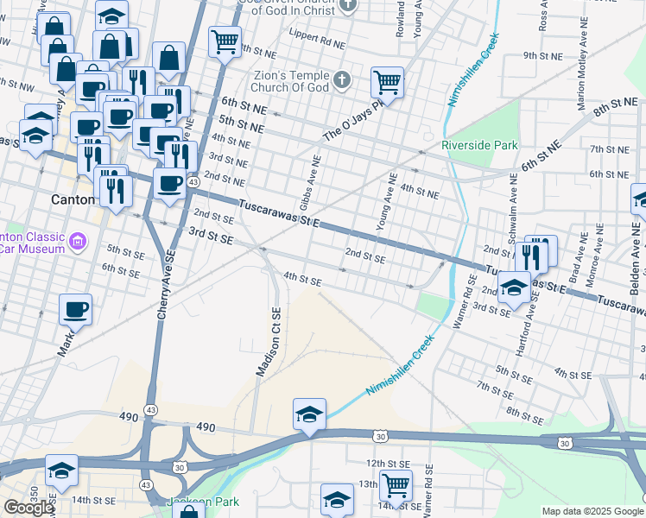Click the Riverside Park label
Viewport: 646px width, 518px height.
click(x=479, y=145)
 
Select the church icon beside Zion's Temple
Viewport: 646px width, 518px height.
click(x=342, y=82)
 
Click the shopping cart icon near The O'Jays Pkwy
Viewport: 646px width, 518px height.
click(x=388, y=83)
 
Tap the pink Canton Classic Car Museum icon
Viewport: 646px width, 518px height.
click(x=79, y=239)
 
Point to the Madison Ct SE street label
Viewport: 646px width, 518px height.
click(x=269, y=342)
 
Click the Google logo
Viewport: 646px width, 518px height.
click(x=28, y=508)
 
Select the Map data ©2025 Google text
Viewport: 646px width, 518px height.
click(x=592, y=511)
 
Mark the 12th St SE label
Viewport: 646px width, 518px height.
click(x=386, y=464)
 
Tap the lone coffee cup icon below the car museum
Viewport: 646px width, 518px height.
click(x=75, y=309)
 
